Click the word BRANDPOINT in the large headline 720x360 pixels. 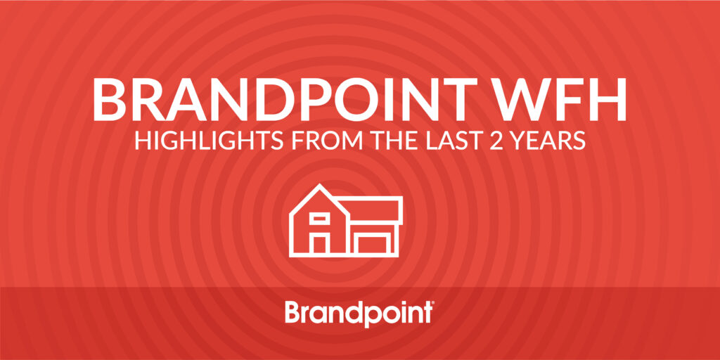(277, 100)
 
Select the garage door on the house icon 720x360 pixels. (373, 244)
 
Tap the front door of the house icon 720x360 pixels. (319, 244)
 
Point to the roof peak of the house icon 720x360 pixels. (319, 185)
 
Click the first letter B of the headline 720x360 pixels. (109, 100)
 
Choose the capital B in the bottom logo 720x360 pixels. (293, 311)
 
